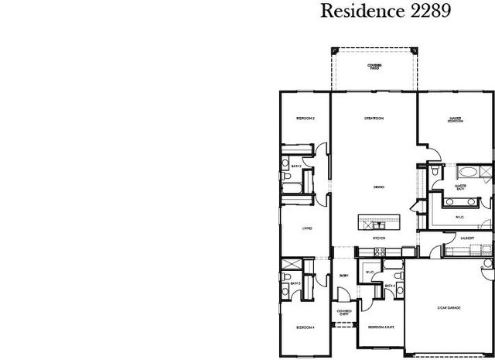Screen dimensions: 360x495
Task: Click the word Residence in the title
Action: pos(355,12)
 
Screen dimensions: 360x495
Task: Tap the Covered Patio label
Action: pos(374,67)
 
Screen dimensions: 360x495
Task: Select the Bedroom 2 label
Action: pos(305,118)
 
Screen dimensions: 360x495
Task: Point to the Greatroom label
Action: pos(375,118)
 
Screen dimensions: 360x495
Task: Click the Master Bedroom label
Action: pos(455,120)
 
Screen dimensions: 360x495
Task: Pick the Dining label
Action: pos(379,187)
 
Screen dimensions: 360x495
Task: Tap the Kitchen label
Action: pos(379,238)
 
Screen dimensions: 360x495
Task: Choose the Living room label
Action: pos(307,228)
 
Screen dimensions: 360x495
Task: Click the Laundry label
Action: pos(466,238)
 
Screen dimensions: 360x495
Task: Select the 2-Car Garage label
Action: pos(449,308)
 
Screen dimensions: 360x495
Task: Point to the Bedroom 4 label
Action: pos(305,327)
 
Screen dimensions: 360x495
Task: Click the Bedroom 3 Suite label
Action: pos(379,327)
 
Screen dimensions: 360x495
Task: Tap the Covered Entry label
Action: pos(344,312)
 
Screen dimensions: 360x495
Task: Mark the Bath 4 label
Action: pos(390,286)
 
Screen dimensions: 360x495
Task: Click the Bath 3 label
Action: pos(295,284)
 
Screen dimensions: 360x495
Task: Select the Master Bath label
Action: pos(459,187)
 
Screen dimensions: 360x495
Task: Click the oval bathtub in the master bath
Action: pos(467,172)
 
